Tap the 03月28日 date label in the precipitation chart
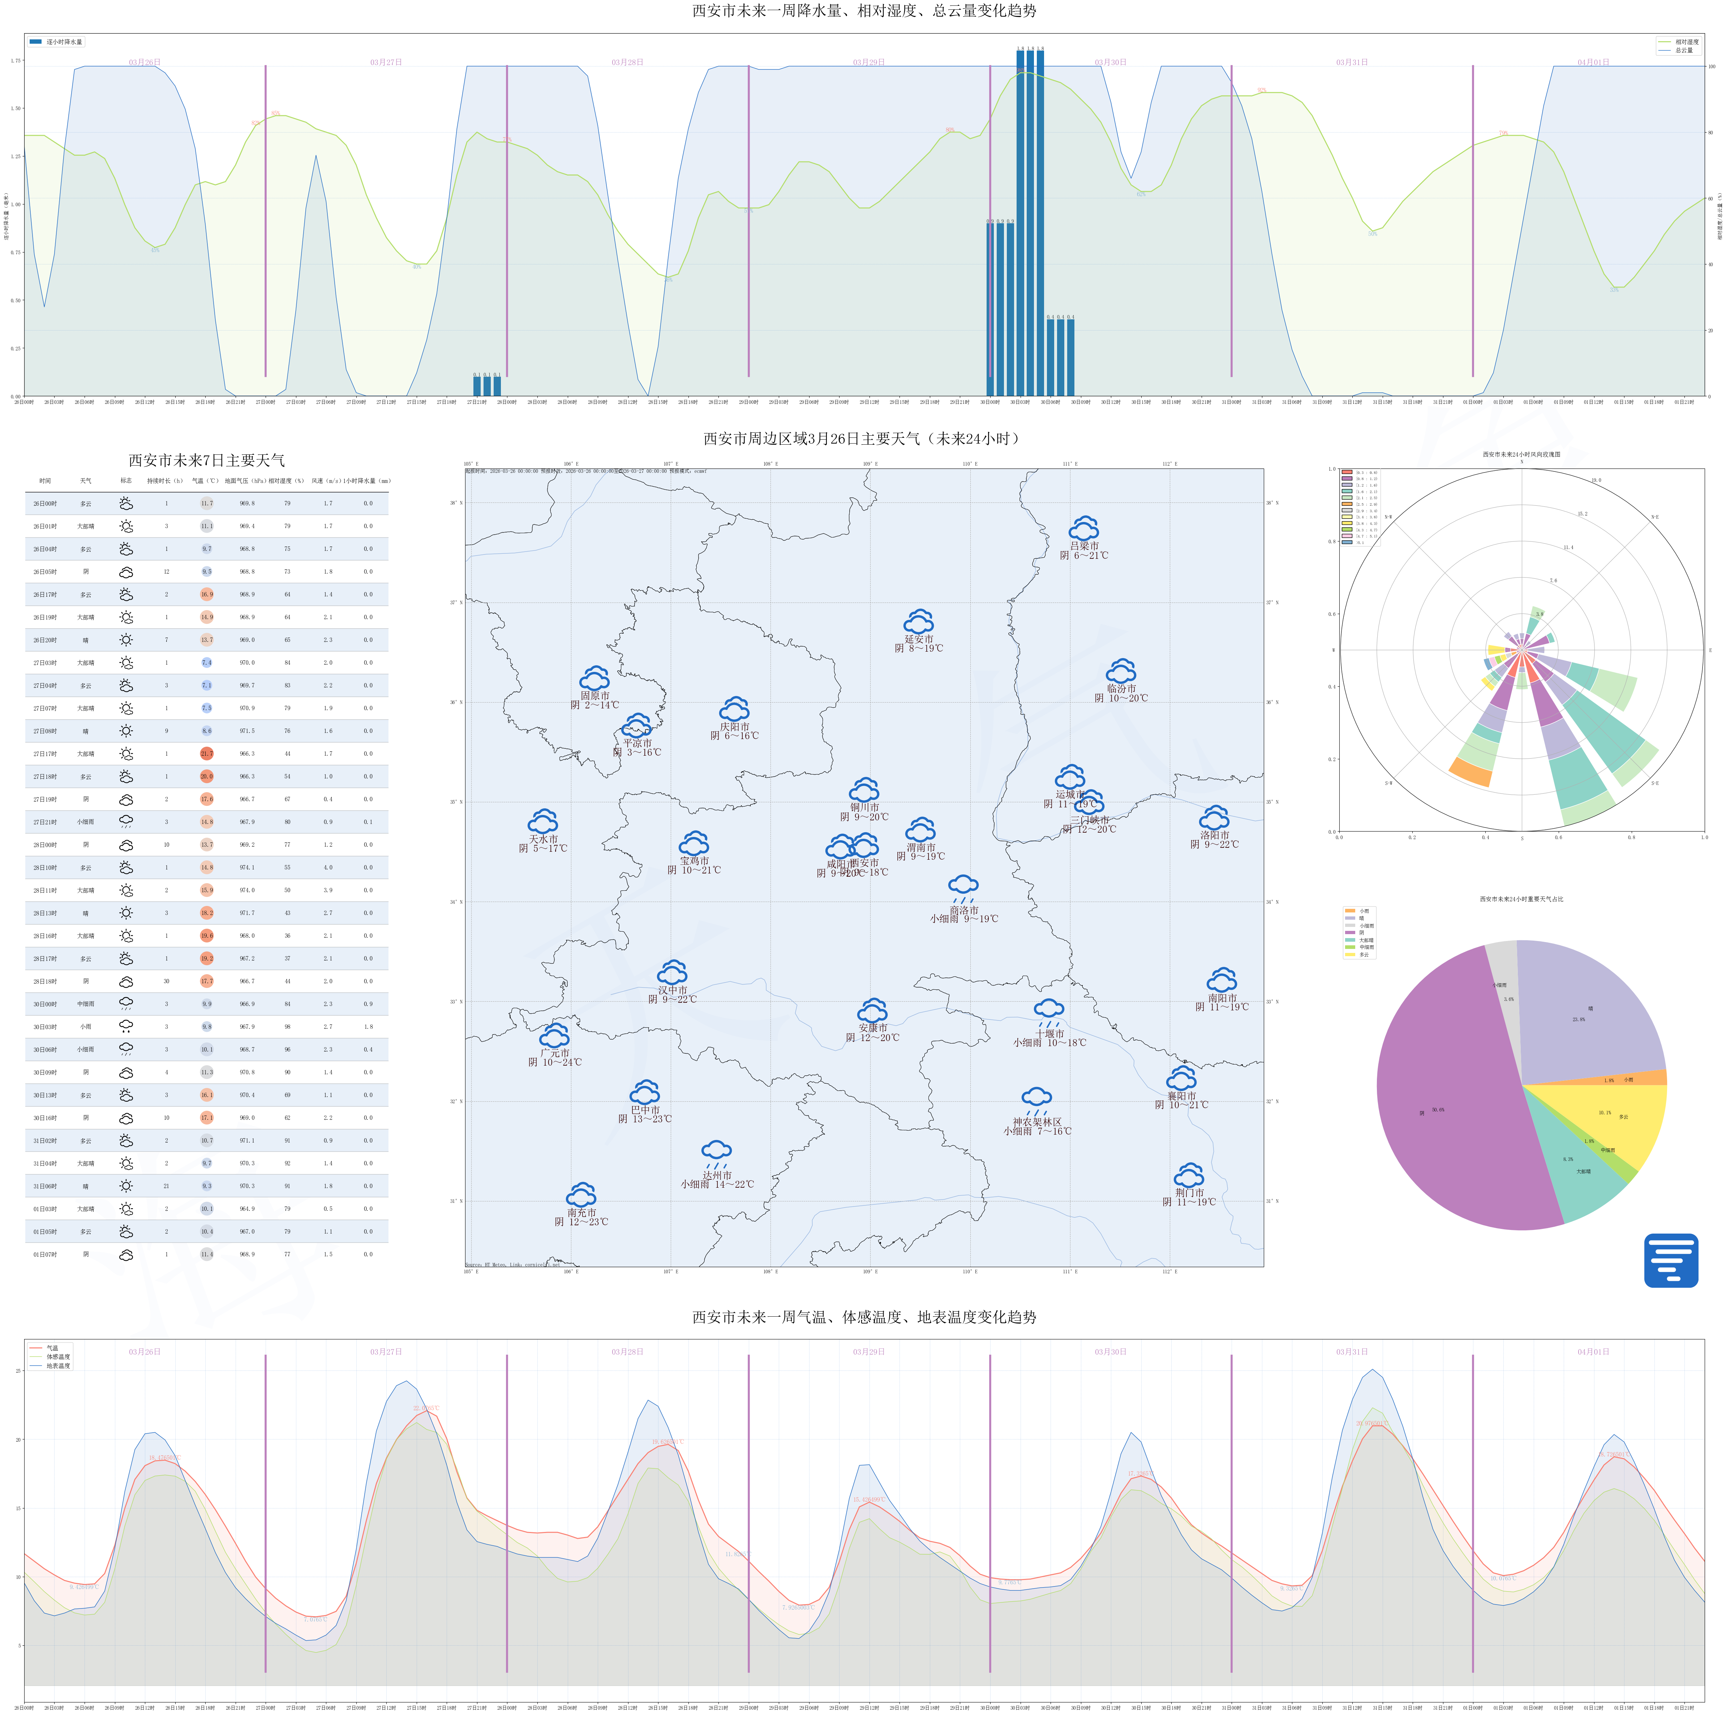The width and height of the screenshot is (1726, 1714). [627, 62]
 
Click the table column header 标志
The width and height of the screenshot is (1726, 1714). [126, 480]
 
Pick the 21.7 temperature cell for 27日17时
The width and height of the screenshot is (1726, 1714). [206, 754]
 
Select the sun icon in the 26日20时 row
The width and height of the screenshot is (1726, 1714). [126, 639]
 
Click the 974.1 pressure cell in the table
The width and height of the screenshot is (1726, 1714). [246, 867]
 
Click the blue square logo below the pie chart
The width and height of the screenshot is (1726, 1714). [1671, 1260]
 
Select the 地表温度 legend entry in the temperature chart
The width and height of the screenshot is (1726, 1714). [58, 1366]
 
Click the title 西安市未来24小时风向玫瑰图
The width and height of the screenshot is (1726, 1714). [1521, 454]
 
